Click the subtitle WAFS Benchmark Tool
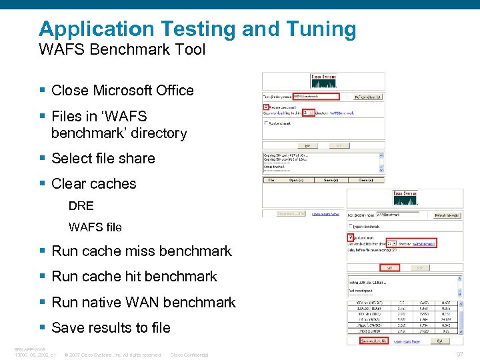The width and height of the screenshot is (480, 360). (122, 49)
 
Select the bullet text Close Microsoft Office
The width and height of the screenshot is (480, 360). (122, 91)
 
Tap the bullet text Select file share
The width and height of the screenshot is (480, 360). (103, 159)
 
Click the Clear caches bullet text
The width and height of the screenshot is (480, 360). (93, 184)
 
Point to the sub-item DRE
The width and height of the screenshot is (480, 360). (81, 206)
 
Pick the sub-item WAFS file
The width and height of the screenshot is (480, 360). (95, 227)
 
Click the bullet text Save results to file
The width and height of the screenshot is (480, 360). (111, 328)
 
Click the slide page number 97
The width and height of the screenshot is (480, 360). (459, 354)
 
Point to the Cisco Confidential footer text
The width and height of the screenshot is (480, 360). (189, 355)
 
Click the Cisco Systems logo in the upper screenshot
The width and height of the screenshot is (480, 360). (323, 81)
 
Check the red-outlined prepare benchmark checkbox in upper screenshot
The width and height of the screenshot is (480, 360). (267, 106)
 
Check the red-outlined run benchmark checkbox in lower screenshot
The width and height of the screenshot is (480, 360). (351, 237)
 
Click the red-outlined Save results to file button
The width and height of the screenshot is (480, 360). (374, 341)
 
